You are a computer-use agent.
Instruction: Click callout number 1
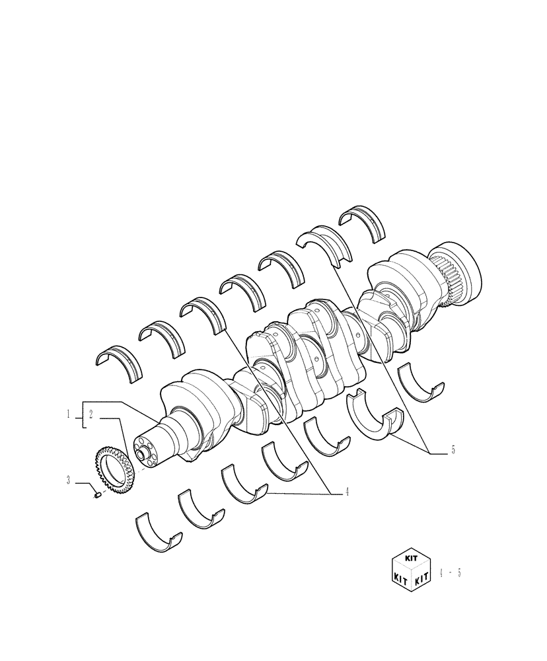[x=68, y=414]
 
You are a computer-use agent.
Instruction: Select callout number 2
[x=91, y=414]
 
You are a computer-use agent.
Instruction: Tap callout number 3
[x=68, y=481]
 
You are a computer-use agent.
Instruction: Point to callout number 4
[x=346, y=492]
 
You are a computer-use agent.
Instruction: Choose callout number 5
[x=453, y=450]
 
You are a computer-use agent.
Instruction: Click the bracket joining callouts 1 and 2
[x=82, y=415]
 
